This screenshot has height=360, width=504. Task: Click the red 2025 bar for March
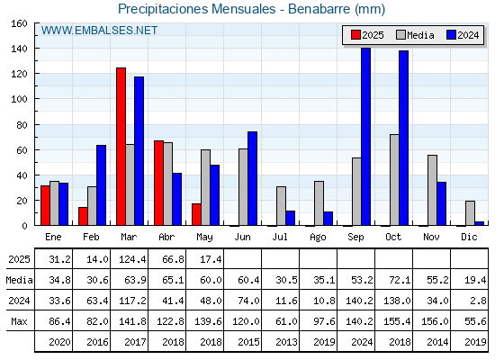coord(121,147)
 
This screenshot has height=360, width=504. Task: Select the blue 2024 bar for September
coord(366,137)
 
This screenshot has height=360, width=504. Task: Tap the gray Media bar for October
coord(394,180)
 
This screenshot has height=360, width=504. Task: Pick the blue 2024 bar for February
coord(101,185)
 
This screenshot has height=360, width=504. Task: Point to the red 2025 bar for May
coord(197,214)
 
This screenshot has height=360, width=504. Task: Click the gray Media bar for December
coord(470,213)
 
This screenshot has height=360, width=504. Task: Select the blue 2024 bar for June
coord(253,178)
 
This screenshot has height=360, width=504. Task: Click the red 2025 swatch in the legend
coord(355,35)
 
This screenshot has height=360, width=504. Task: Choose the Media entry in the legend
coord(415,35)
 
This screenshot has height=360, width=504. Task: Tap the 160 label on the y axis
coord(19,23)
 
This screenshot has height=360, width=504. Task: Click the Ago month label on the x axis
coord(318,238)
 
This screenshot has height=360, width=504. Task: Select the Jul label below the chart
coord(280,237)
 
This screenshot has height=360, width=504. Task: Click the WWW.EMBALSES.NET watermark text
coord(99,31)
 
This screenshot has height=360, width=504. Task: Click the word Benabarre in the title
coord(319,9)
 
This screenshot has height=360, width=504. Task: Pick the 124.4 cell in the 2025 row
coord(132,259)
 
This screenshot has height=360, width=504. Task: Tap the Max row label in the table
coord(19,321)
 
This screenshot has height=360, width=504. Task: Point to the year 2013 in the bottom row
coord(286,342)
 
